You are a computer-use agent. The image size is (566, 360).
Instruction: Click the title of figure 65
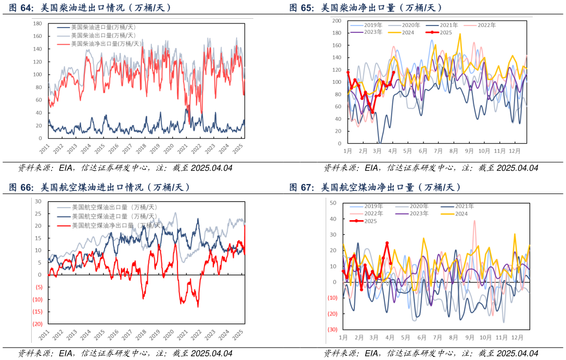pos(366,8)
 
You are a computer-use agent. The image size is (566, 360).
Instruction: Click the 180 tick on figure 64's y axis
pos(37,24)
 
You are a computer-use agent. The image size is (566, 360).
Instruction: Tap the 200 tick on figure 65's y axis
pos(337,21)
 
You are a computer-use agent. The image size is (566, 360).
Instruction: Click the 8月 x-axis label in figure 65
pos(453,151)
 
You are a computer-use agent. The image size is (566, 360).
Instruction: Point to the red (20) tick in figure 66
pos(37,324)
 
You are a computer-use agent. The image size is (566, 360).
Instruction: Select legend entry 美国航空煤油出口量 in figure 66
pos(115,207)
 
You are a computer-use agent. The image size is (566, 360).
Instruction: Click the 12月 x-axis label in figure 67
pos(517,337)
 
